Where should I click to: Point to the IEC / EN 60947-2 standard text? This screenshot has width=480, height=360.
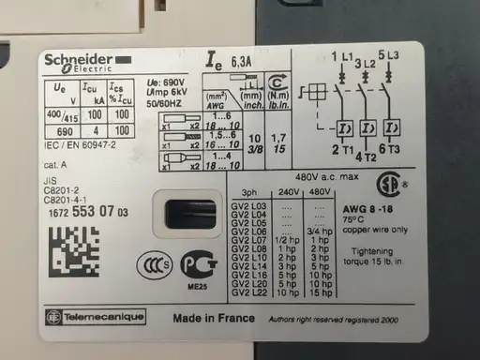pyautogui.click(x=82, y=146)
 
